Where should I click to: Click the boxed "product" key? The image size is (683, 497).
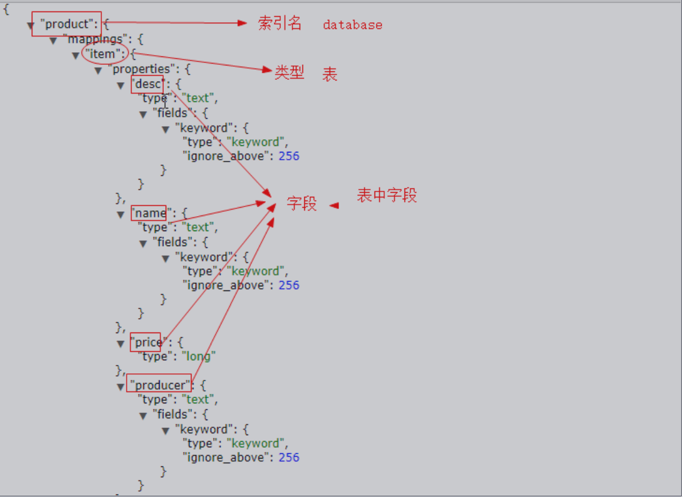(x=67, y=25)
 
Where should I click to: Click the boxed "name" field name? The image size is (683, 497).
(x=149, y=213)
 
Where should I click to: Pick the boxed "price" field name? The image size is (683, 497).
(x=146, y=342)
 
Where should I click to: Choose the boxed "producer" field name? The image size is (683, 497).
(x=160, y=385)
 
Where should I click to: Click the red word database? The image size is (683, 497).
(x=352, y=25)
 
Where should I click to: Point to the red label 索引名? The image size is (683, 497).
(x=279, y=23)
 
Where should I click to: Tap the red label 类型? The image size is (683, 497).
(x=289, y=73)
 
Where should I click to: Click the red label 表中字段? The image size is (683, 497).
(x=387, y=195)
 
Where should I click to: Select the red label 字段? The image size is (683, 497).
(x=301, y=203)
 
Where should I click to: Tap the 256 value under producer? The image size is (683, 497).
(x=289, y=457)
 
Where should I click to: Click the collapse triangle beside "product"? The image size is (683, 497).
(x=30, y=26)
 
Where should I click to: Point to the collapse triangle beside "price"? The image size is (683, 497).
(x=121, y=344)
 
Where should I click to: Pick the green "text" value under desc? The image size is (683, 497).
(x=198, y=98)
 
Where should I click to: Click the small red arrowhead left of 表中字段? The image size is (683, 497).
(x=334, y=205)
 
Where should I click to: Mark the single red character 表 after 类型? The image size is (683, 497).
(x=330, y=74)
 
